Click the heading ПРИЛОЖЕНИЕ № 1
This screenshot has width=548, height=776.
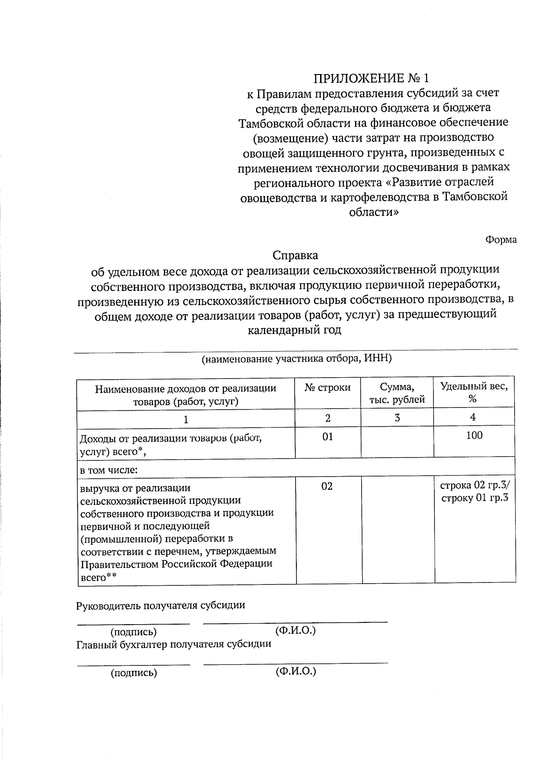click(371, 77)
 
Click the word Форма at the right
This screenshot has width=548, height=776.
click(501, 240)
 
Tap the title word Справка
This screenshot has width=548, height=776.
click(295, 255)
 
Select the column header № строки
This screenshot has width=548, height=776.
click(327, 388)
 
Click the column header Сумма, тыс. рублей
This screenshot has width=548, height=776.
click(397, 393)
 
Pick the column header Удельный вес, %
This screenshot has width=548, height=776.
click(474, 392)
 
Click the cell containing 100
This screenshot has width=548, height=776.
click(474, 435)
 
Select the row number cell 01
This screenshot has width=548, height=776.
click(327, 437)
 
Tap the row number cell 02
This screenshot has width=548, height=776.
click(327, 486)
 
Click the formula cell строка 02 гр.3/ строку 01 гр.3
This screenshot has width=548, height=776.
click(475, 492)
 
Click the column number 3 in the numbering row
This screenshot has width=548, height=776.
click(397, 417)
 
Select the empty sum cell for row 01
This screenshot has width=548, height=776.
click(397, 442)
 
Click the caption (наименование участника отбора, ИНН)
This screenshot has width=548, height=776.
click(297, 359)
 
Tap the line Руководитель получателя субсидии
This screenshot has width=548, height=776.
click(160, 605)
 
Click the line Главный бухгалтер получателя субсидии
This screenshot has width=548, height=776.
click(174, 644)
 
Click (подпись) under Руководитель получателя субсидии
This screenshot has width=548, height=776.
click(133, 632)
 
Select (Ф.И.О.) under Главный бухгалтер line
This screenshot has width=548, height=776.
click(295, 671)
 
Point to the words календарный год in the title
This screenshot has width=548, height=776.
click(295, 330)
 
